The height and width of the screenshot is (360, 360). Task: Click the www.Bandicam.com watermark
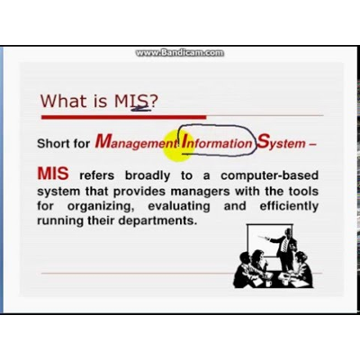179,53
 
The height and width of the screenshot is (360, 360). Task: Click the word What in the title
64,101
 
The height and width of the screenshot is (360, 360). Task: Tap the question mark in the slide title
153,101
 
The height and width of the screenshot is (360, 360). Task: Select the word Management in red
137,142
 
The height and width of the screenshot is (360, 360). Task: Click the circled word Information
217,141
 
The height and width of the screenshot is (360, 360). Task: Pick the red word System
281,142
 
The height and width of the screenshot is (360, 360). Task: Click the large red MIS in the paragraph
53,173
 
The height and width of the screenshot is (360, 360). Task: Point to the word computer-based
269,175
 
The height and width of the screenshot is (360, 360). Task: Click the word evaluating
179,206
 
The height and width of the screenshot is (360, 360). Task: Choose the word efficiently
289,206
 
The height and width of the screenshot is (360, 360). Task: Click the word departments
157,221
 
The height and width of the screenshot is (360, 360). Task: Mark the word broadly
148,175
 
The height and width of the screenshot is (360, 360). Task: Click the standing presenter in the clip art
284,249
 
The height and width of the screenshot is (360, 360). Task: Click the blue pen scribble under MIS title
140,110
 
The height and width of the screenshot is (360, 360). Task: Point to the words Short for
63,143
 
